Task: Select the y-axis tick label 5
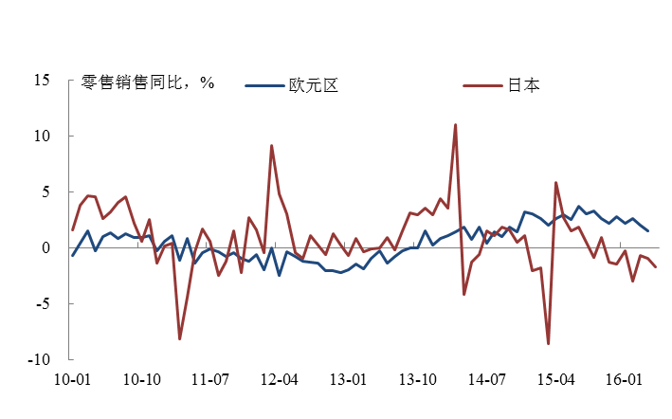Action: tap(44, 191)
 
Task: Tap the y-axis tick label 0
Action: tap(44, 247)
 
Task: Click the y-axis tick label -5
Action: tap(40, 304)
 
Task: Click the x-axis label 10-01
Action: tap(72, 379)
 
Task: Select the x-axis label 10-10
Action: tap(141, 379)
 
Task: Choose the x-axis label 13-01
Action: tap(348, 379)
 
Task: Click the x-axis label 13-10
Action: tap(417, 379)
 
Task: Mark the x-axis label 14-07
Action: tap(486, 379)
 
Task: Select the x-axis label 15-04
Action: tap(555, 379)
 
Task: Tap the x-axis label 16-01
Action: tap(624, 379)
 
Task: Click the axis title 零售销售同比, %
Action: tap(148, 82)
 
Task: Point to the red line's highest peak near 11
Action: tap(456, 124)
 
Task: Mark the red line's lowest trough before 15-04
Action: tap(548, 343)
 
